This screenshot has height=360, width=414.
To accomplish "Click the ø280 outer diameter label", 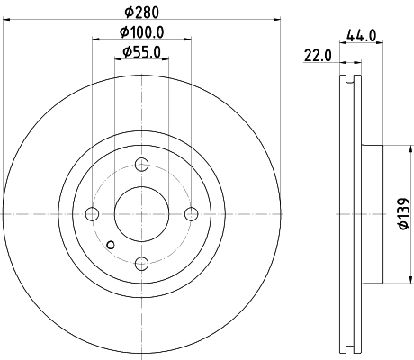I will point(141,12).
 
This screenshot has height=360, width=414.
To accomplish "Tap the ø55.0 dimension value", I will point(141,52).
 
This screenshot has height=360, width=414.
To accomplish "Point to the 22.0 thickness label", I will point(318,55).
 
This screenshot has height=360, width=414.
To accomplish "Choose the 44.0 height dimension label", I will point(362,36).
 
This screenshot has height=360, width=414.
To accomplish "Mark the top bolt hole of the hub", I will point(141,165).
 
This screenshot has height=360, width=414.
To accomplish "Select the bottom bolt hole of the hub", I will point(141,263).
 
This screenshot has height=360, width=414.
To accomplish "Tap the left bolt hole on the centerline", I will point(92,214).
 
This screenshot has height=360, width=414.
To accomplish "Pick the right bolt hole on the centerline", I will point(191,214).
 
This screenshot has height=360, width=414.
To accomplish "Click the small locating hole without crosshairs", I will point(111,245).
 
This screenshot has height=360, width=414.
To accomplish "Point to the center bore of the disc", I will point(141,214).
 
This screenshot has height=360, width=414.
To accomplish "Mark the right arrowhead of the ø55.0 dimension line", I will point(166,60).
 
